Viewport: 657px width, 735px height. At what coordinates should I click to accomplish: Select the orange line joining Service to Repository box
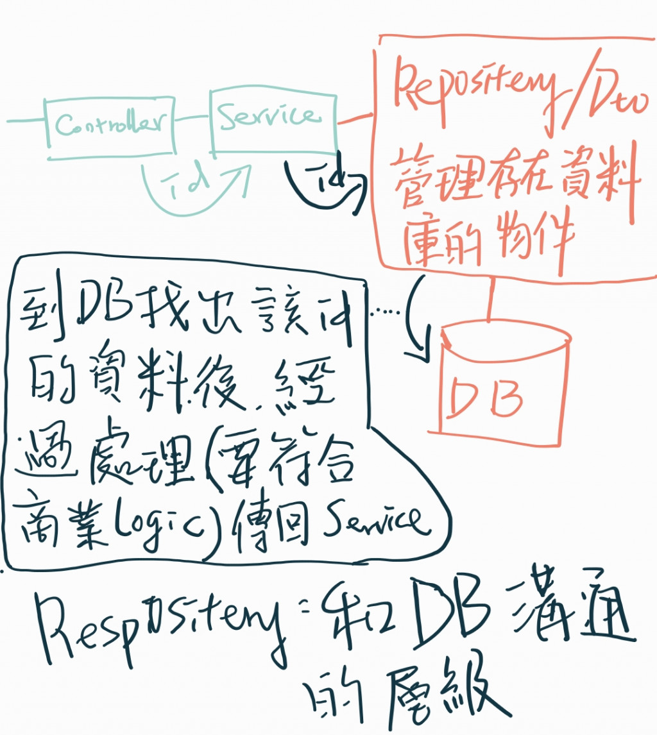[x=355, y=119]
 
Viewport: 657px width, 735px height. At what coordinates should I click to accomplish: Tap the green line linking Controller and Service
[x=192, y=118]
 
